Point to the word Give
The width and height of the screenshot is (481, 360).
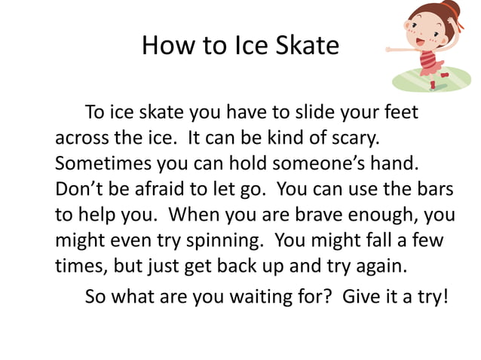(362, 294)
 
